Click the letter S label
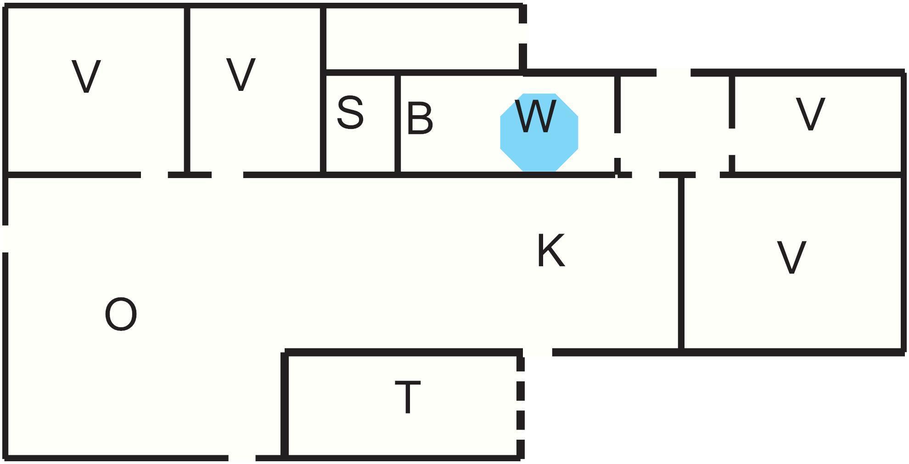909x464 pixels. (x=350, y=112)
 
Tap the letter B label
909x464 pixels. (x=420, y=119)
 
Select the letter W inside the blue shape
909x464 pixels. (x=536, y=117)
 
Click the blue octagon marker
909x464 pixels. (x=539, y=147)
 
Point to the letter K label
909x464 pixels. (x=550, y=250)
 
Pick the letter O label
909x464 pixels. (x=121, y=314)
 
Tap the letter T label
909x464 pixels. (x=408, y=397)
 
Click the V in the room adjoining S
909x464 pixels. (x=241, y=74)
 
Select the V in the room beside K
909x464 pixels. (x=791, y=257)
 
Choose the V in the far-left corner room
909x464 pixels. (x=86, y=77)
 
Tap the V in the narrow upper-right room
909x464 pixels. (x=810, y=114)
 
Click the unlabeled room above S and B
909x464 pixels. (x=422, y=39)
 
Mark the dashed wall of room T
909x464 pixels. (x=520, y=404)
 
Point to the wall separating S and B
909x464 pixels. (x=397, y=124)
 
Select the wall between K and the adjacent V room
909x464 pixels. (x=681, y=262)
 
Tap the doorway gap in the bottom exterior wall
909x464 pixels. (x=241, y=458)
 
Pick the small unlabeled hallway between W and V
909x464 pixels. (x=674, y=124)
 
